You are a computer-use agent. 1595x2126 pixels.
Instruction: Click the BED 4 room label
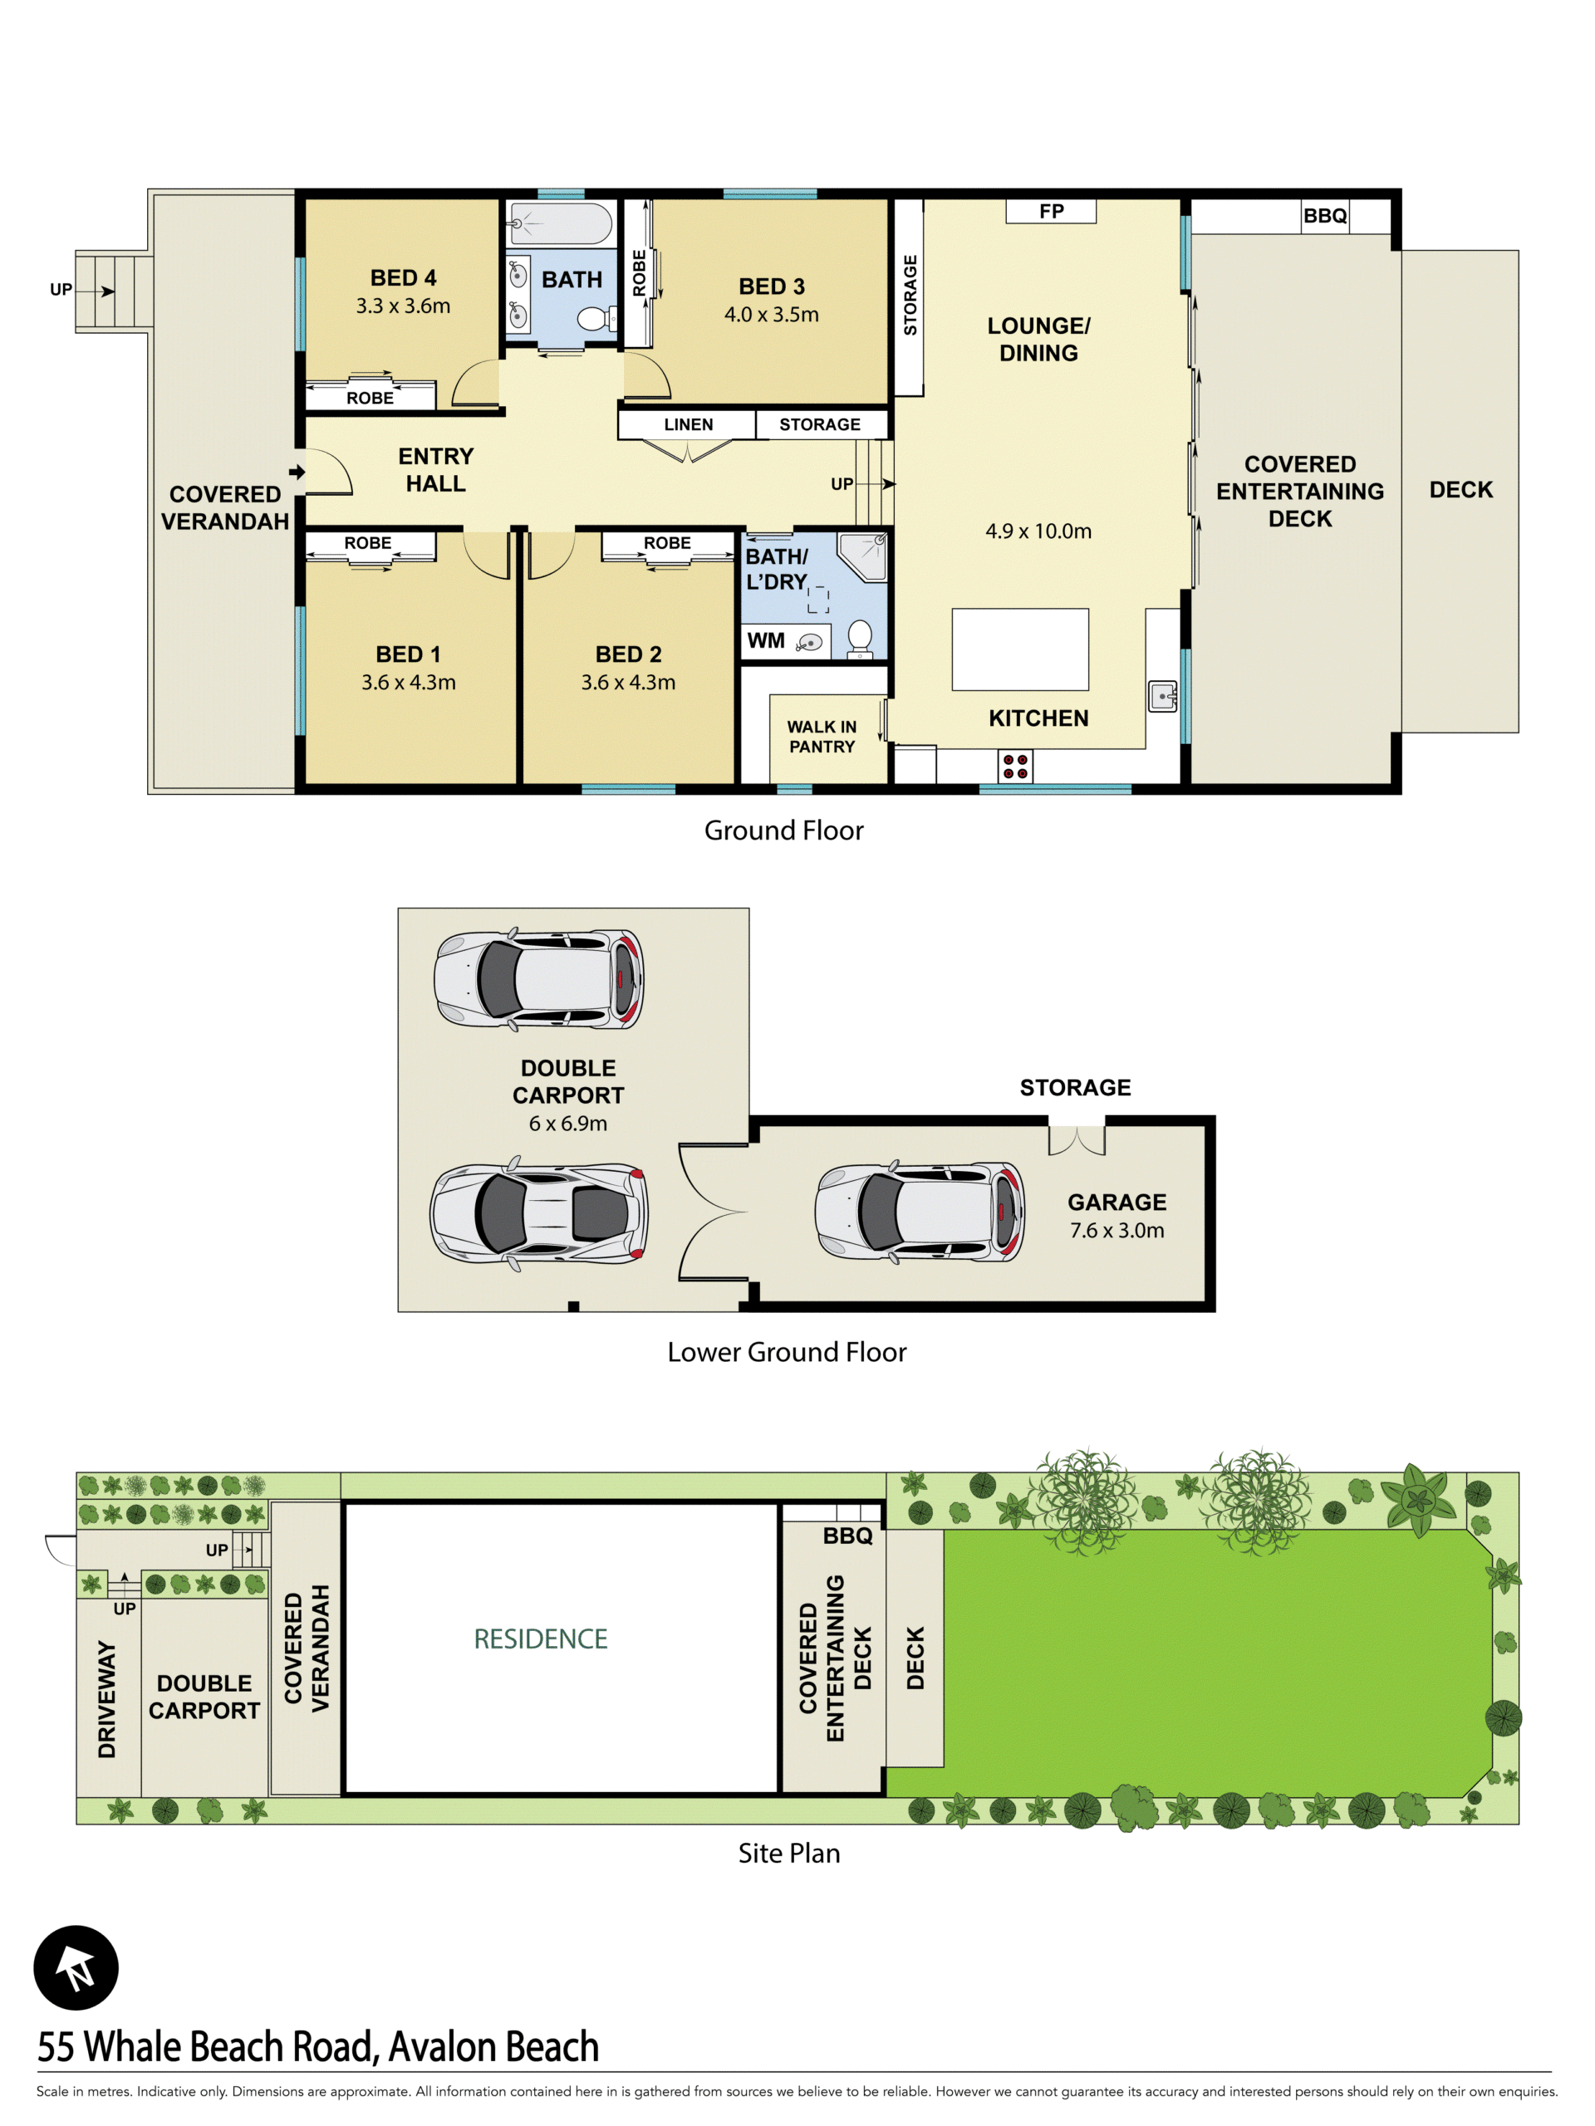(x=403, y=277)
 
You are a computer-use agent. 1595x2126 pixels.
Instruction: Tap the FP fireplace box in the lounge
(x=1051, y=212)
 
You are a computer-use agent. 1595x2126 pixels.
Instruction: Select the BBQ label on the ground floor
(x=1325, y=215)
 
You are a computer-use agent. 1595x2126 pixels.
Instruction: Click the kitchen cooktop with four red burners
(x=1015, y=766)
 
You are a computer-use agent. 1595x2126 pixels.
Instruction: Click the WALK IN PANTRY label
(x=822, y=737)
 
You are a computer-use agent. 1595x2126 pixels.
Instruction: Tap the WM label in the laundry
(x=765, y=641)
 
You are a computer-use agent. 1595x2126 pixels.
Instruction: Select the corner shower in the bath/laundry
(x=861, y=556)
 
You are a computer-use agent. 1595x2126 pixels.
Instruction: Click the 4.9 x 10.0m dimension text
(x=1038, y=531)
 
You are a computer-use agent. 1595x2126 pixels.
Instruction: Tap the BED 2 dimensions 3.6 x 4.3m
(x=628, y=683)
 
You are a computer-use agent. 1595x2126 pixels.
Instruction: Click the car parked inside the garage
(x=919, y=1211)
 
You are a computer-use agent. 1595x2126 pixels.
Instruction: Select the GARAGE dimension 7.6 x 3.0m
(x=1117, y=1230)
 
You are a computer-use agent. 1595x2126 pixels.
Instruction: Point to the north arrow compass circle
(x=76, y=1967)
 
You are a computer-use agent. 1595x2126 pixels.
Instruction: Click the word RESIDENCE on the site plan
(x=540, y=1639)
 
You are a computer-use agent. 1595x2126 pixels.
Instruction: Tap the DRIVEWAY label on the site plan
(x=106, y=1698)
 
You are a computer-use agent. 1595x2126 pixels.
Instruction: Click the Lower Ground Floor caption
(x=787, y=1352)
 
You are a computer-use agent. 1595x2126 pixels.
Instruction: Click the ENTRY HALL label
(x=435, y=470)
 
